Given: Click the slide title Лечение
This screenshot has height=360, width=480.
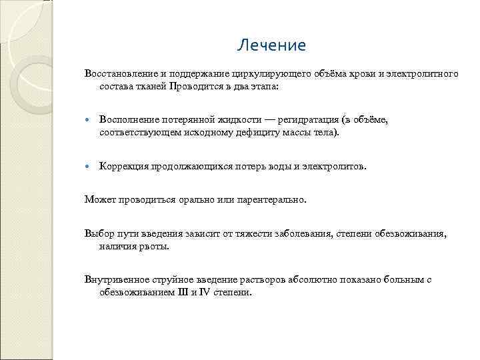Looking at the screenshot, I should (271, 45).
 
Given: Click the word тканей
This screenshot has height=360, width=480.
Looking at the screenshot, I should (151, 87).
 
